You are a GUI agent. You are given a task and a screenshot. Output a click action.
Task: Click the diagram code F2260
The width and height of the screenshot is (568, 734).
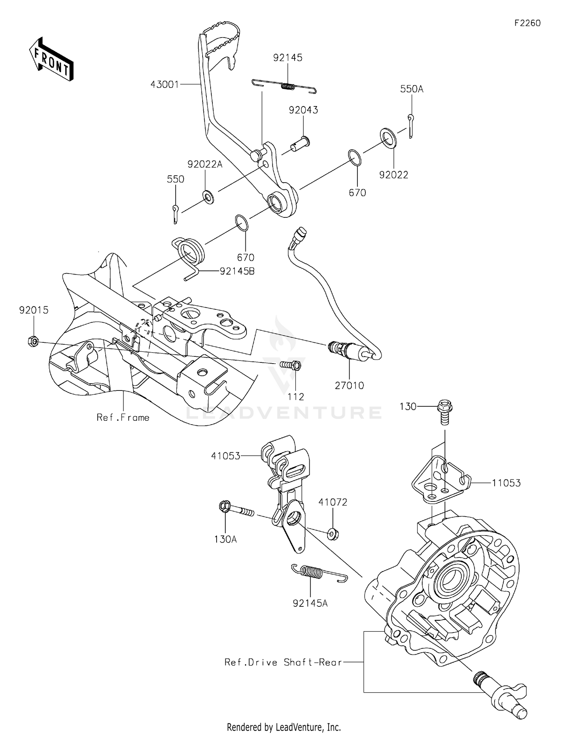click(x=527, y=23)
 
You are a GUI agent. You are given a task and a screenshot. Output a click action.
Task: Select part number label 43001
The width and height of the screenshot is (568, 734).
click(x=164, y=84)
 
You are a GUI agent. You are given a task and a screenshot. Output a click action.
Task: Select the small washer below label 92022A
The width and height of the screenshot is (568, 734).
click(x=208, y=197)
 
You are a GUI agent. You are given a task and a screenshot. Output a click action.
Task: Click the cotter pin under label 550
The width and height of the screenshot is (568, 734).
click(x=175, y=214)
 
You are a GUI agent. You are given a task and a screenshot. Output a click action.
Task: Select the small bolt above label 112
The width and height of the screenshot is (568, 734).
click(x=291, y=365)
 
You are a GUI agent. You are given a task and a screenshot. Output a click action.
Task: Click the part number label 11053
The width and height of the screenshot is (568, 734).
click(x=506, y=483)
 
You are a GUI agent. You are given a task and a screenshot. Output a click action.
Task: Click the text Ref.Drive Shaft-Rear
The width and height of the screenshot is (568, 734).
click(x=283, y=662)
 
